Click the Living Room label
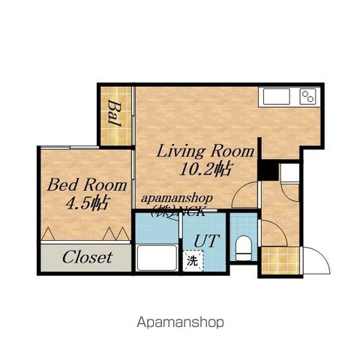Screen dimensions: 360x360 click(x=205, y=151)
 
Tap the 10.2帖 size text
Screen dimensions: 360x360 click(x=205, y=169)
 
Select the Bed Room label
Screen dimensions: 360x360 click(x=87, y=185)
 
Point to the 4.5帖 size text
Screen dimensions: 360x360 click(x=88, y=202)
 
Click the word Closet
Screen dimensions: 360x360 click(x=88, y=257)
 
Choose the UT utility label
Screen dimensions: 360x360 click(x=207, y=241)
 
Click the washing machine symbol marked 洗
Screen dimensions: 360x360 click(x=193, y=261)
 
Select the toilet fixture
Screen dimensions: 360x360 click(x=243, y=248)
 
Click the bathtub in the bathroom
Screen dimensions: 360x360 click(x=157, y=258)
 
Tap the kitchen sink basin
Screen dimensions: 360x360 click(x=276, y=97)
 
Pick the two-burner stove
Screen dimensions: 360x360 click(x=308, y=97)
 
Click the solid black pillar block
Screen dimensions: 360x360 click(x=268, y=170)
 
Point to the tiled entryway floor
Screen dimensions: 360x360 click(x=280, y=260)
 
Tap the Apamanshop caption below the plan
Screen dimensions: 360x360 click(x=180, y=322)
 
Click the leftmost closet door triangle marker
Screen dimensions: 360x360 click(x=48, y=234)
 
